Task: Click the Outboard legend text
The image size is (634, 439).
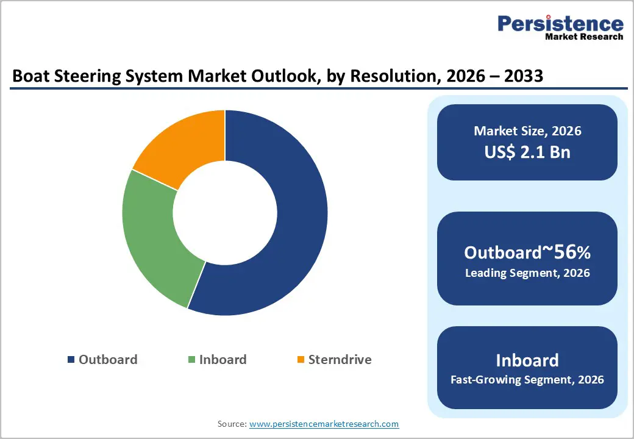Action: [108, 360]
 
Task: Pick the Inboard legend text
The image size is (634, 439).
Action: [223, 360]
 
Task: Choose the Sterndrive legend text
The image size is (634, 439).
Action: [340, 360]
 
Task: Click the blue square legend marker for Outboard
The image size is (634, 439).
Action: [71, 360]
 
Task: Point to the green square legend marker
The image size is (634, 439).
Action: [191, 360]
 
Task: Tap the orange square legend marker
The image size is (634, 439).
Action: [300, 360]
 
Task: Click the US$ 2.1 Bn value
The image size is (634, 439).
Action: [527, 152]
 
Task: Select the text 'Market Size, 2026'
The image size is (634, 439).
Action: [527, 131]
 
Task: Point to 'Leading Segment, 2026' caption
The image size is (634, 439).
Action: [527, 273]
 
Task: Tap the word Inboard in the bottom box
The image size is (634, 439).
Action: [527, 360]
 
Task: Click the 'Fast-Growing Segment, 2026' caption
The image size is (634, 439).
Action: [527, 380]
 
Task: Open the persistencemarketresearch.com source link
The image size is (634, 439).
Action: [324, 424]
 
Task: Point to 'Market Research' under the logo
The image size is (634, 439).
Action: [584, 37]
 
